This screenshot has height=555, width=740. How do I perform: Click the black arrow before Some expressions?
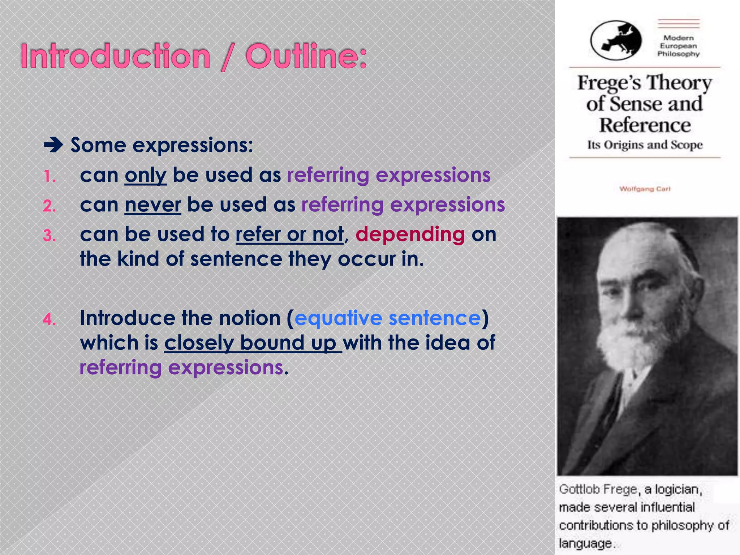click(53, 146)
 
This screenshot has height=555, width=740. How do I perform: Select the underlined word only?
click(146, 176)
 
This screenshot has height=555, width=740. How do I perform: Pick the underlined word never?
click(152, 205)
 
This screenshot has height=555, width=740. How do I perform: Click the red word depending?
click(410, 235)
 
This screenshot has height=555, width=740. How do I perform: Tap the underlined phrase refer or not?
click(289, 235)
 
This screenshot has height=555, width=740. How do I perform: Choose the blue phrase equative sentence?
click(388, 318)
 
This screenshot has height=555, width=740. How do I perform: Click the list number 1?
click(50, 177)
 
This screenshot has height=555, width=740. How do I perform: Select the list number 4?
click(50, 320)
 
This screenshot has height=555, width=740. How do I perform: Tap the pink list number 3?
click(50, 236)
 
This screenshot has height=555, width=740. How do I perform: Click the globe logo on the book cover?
click(616, 40)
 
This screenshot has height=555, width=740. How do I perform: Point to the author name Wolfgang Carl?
click(645, 189)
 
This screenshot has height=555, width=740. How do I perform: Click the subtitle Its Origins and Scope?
click(645, 145)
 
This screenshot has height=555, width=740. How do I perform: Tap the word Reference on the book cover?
click(645, 125)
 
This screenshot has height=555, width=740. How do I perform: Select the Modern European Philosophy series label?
click(678, 46)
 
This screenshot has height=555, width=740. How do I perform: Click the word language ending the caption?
click(585, 543)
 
